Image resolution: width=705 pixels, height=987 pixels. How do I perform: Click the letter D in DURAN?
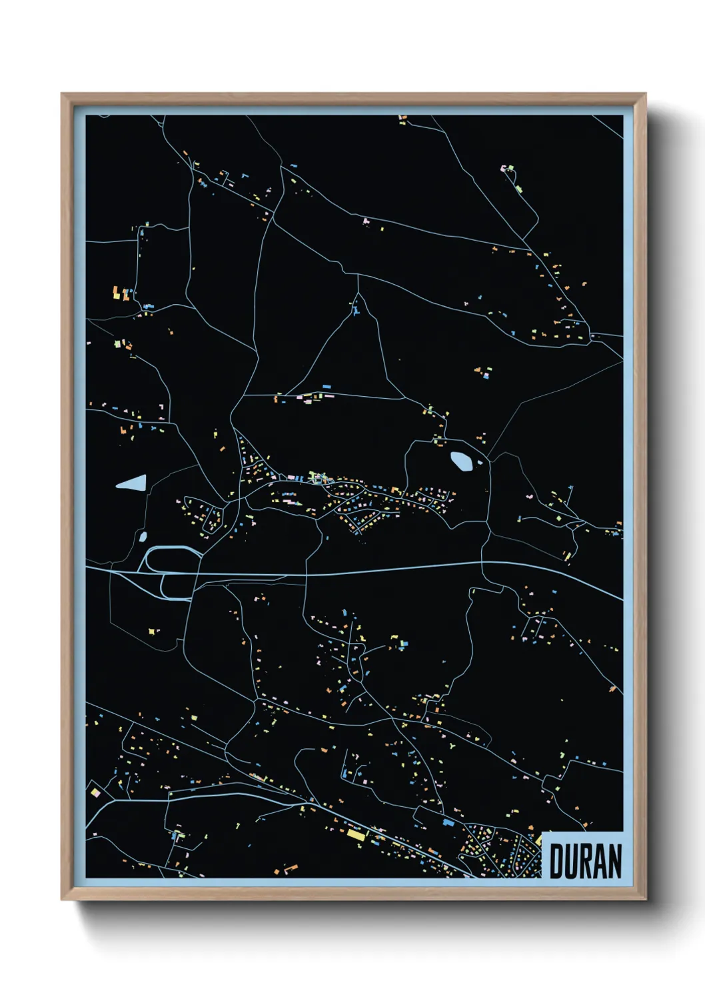(x=556, y=861)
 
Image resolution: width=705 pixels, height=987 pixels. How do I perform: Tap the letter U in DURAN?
(x=571, y=861)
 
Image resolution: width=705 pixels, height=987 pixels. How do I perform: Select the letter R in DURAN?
(x=586, y=861)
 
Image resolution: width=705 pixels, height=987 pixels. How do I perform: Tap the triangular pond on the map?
(x=133, y=483)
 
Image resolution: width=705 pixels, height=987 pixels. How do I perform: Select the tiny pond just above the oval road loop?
(x=142, y=536)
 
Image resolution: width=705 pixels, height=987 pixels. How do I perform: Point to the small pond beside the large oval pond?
(x=480, y=462)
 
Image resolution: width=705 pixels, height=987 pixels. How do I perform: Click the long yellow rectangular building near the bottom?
(x=355, y=834)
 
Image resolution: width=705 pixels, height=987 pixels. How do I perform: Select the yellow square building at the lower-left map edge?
(x=95, y=793)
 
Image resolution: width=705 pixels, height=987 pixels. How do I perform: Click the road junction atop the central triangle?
(x=358, y=293)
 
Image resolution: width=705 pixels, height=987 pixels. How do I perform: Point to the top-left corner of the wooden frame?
(x=63, y=95)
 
